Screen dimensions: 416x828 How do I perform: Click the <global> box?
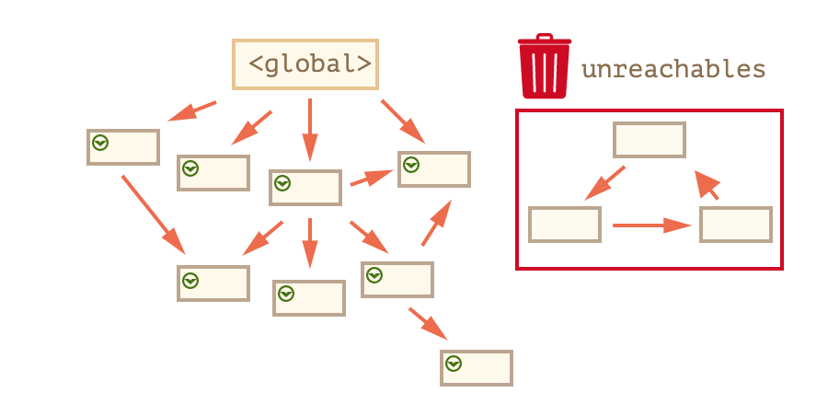pyautogui.click(x=305, y=64)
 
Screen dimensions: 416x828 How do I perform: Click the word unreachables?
pyautogui.click(x=673, y=69)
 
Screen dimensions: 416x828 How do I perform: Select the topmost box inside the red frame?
pyautogui.click(x=650, y=140)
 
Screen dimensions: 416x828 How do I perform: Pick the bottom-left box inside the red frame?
pyautogui.click(x=565, y=225)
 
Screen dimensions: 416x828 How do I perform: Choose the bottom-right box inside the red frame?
pyautogui.click(x=736, y=225)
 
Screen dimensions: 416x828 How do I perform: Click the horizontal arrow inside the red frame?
pyautogui.click(x=651, y=225)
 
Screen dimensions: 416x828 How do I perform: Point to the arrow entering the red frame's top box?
pyautogui.click(x=707, y=185)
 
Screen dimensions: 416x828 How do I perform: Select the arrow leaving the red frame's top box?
pyautogui.click(x=605, y=182)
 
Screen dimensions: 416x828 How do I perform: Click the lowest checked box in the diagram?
pyautogui.click(x=477, y=368)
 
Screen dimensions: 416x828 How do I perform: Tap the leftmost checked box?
pyautogui.click(x=123, y=147)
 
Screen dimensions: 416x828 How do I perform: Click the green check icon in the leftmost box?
pyautogui.click(x=100, y=143)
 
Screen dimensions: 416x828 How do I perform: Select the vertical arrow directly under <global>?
pyautogui.click(x=310, y=129)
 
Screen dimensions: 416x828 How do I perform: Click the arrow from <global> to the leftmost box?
pyautogui.click(x=193, y=110)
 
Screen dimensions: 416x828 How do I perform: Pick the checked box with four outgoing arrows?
pyautogui.click(x=305, y=188)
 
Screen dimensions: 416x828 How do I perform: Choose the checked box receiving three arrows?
pyautogui.click(x=434, y=169)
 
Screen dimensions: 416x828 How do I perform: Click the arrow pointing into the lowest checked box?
pyautogui.click(x=428, y=324)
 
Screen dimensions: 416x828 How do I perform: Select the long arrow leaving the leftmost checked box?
pyautogui.click(x=153, y=214)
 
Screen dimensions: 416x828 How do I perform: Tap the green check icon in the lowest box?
pyautogui.click(x=454, y=364)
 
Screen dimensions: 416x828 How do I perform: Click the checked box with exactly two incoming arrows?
pyautogui.click(x=213, y=283)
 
